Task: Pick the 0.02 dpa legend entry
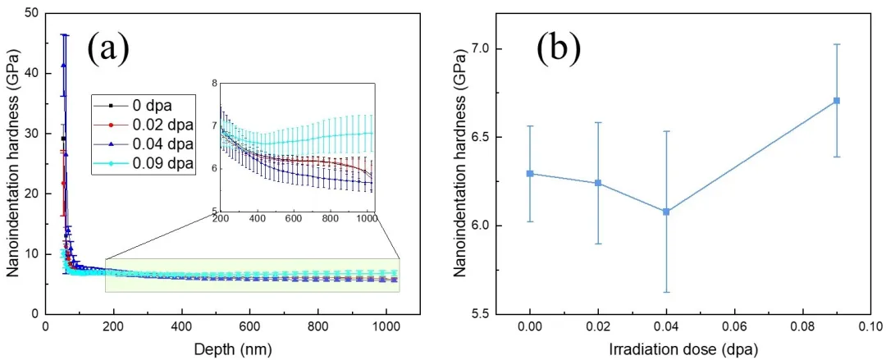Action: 161,125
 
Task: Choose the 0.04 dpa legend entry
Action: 161,144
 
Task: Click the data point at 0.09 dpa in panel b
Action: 837,100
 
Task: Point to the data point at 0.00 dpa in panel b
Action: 530,173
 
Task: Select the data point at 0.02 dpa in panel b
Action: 598,183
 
